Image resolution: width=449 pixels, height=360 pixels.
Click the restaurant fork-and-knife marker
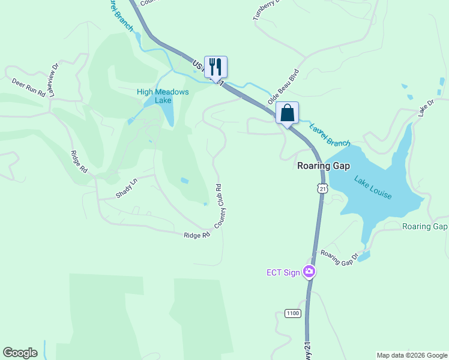click(215, 67)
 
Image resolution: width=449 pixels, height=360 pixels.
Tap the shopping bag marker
click(288, 112)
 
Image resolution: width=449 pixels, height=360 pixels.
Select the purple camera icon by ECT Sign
click(309, 272)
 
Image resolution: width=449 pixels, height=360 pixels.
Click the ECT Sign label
click(283, 272)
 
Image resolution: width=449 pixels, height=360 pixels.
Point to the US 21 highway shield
click(323, 189)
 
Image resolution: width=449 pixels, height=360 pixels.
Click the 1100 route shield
click(292, 313)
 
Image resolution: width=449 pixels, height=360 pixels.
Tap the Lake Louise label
click(373, 188)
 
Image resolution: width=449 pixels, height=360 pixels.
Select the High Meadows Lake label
click(163, 96)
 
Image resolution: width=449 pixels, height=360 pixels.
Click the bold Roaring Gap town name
click(324, 166)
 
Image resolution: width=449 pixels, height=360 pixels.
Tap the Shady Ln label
click(127, 188)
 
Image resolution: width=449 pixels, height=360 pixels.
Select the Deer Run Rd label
click(29, 87)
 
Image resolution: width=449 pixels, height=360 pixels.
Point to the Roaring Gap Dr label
click(339, 258)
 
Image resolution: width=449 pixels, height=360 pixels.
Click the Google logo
click(20, 353)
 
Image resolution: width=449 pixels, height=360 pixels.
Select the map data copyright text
click(412, 355)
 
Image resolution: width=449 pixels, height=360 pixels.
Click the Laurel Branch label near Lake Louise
click(330, 135)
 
